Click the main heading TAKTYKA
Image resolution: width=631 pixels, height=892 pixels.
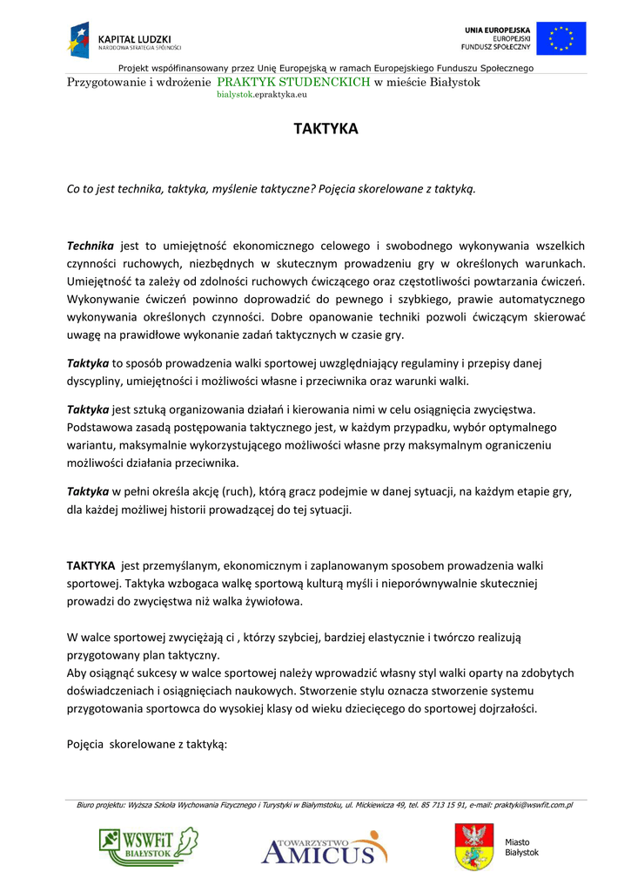326,129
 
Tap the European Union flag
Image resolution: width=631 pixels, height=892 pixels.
561,38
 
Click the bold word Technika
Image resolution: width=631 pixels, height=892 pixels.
91,247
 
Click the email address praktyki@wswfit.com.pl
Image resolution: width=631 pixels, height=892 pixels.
534,805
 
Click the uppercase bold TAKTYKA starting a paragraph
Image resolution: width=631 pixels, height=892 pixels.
91,565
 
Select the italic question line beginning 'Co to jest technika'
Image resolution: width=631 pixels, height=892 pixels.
272,188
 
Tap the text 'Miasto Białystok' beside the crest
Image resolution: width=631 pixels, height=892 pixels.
521,847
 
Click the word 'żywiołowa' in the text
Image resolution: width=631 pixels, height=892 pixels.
274,600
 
